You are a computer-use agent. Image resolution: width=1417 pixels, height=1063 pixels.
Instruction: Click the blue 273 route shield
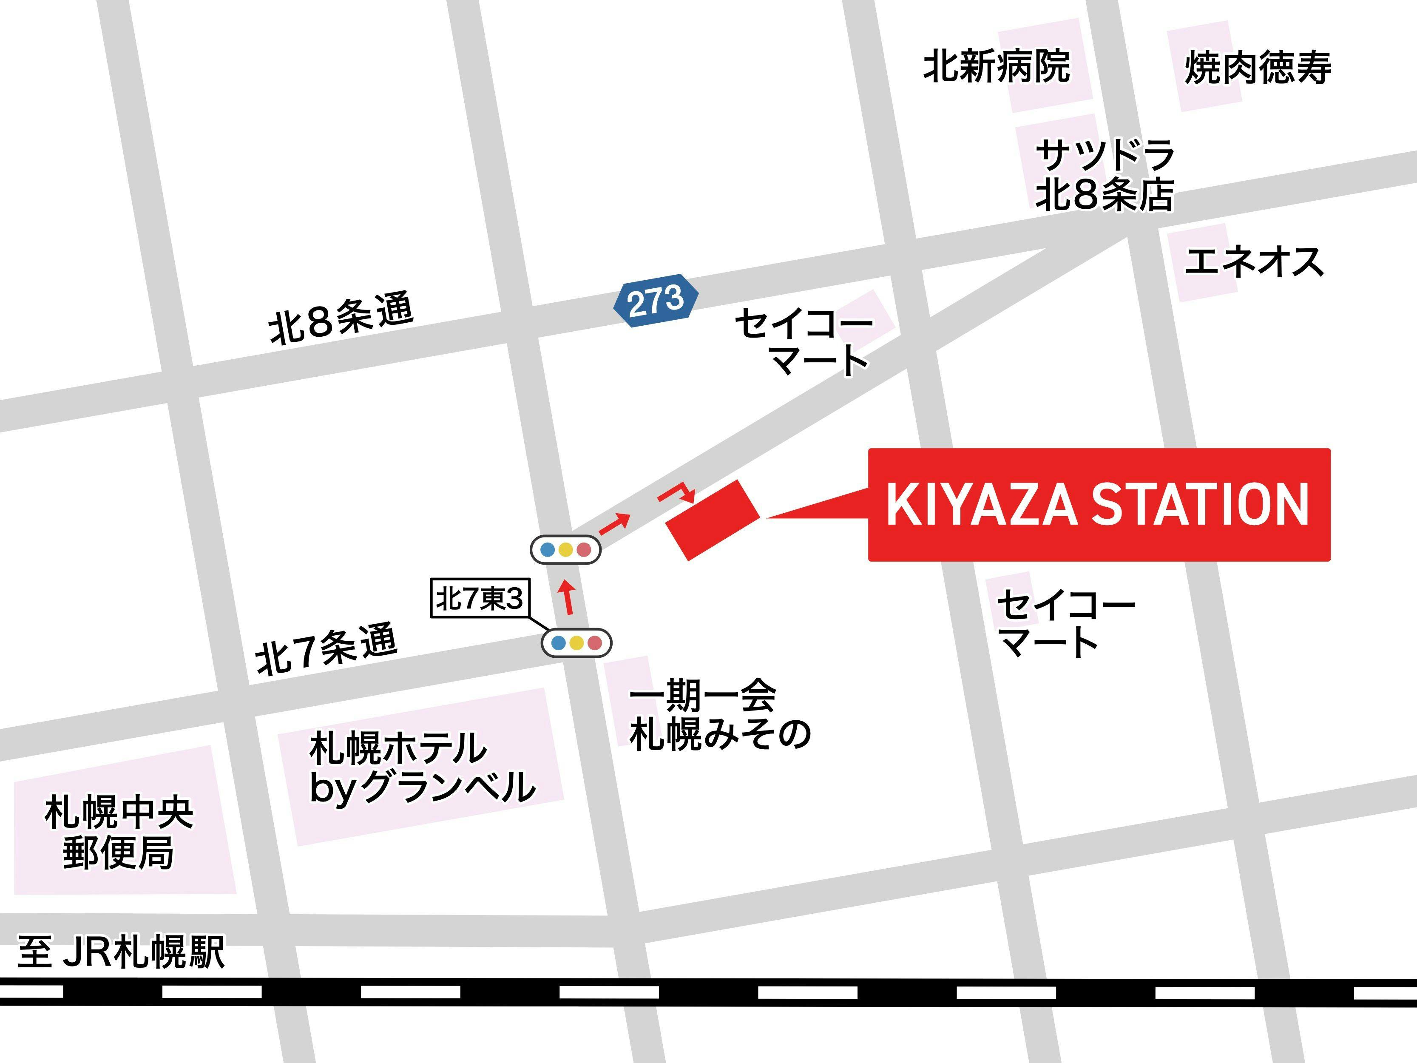click(655, 301)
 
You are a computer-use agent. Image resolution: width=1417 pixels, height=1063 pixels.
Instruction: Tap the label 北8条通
click(341, 318)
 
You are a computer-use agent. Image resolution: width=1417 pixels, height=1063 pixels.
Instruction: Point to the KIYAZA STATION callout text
click(1098, 505)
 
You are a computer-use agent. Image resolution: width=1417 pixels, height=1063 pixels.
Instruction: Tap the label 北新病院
click(996, 65)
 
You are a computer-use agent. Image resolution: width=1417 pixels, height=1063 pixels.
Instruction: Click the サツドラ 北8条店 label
click(1105, 174)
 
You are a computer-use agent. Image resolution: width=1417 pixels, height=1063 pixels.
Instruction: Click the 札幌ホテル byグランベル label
click(421, 767)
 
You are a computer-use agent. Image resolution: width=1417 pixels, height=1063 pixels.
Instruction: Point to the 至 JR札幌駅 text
click(121, 952)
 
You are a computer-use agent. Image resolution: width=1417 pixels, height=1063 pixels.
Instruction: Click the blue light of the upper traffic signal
click(548, 549)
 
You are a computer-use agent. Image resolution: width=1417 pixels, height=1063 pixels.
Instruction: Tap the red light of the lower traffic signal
click(594, 642)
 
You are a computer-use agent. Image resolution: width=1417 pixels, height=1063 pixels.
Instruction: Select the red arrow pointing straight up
click(567, 597)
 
